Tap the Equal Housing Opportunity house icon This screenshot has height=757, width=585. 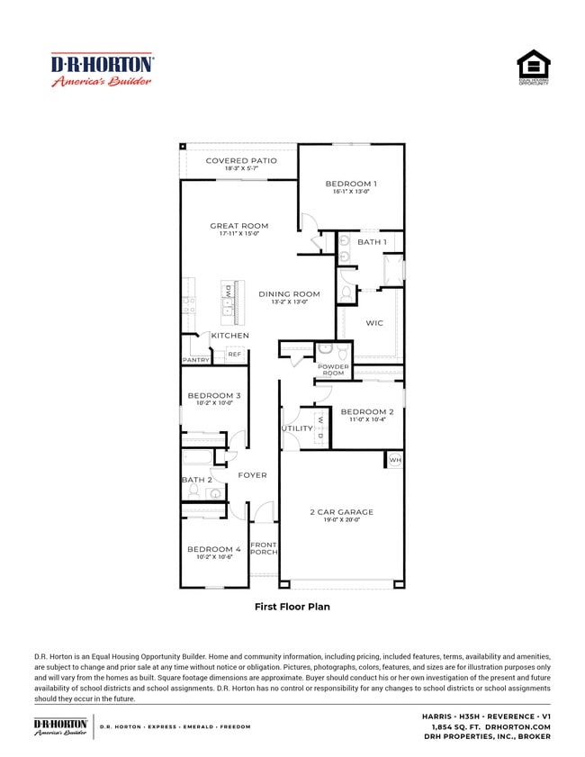click(533, 65)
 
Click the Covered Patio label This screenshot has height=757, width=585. click(240, 161)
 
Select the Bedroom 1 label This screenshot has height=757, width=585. click(351, 184)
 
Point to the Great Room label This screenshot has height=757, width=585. click(238, 226)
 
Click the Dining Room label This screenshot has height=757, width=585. click(289, 294)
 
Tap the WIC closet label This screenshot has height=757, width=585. click(374, 322)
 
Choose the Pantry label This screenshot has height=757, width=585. click(195, 360)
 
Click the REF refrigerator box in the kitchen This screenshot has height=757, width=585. click(235, 355)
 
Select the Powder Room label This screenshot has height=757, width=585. click(333, 369)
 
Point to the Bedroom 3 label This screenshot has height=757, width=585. click(213, 396)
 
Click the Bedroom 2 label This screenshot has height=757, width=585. click(366, 412)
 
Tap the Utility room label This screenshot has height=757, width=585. click(297, 428)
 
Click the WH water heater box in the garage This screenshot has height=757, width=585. click(394, 460)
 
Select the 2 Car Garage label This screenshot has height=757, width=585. click(341, 512)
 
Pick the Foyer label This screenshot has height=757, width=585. click(252, 475)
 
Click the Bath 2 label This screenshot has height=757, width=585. click(196, 480)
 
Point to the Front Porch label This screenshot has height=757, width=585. click(264, 548)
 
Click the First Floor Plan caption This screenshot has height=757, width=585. click(292, 607)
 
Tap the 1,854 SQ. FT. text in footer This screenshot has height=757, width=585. click(457, 726)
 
